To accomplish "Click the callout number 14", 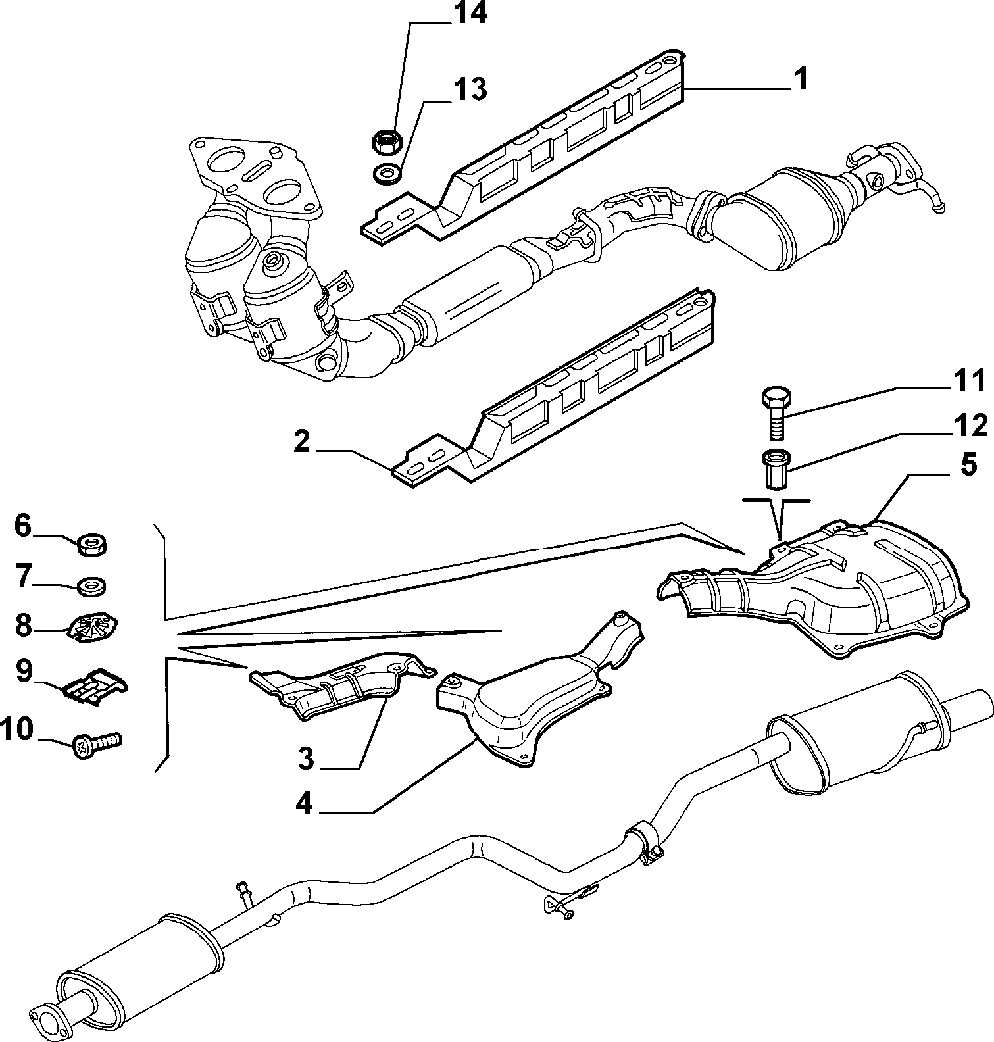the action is pos(468,14).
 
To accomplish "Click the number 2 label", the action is pos(302,442).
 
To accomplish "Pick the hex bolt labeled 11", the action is pos(776,414).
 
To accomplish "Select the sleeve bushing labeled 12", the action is pos(776,468).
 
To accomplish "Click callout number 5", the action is pos(968,465).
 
